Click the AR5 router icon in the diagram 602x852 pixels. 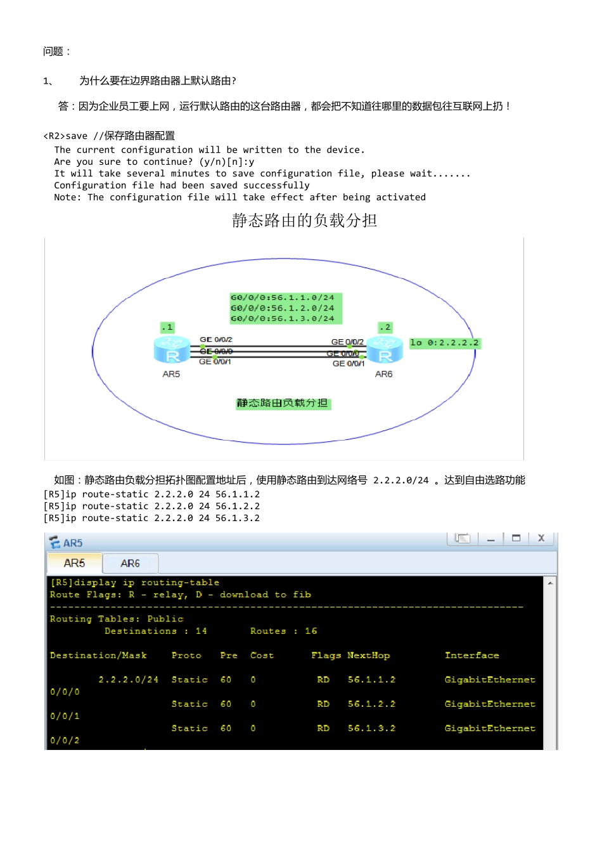pos(172,349)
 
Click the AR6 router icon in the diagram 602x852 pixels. pos(385,349)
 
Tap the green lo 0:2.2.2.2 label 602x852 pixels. pos(445,343)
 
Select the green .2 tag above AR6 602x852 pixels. pos(385,327)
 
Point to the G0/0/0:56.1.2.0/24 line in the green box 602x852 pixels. pos(282,308)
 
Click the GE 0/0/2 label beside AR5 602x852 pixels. pos(216,339)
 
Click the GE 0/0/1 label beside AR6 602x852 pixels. pos(349,364)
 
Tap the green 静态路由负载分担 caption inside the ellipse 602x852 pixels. pos(283,404)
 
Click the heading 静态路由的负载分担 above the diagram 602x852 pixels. pos(304,221)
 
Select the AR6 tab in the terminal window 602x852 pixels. pos(130,564)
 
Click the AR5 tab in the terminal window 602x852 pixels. pos(74,563)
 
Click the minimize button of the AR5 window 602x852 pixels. pos(490,539)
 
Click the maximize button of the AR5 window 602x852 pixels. pos(516,539)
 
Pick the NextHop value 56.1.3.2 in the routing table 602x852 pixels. pos(371,728)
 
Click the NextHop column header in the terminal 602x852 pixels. pos(369,655)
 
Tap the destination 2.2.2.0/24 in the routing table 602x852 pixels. pos(128,680)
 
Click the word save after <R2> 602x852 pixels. pos(77,136)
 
